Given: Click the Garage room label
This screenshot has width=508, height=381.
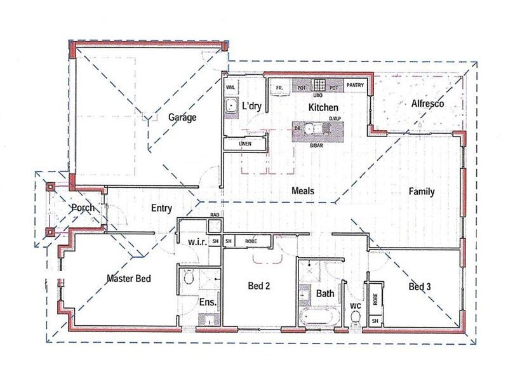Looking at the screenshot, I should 182,117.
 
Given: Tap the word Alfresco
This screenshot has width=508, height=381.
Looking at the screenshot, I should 427,103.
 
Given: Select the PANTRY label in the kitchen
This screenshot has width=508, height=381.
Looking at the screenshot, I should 356,84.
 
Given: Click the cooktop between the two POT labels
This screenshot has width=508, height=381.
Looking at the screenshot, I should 320,84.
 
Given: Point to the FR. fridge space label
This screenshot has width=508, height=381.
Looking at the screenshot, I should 278,88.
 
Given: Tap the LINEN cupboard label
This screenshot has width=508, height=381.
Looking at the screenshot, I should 246,144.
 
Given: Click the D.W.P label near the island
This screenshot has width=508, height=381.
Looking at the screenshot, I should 336,118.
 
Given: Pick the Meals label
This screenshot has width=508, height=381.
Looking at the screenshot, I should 303,190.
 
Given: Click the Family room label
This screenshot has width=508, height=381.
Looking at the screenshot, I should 422,191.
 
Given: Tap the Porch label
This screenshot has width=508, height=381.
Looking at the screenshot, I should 83,208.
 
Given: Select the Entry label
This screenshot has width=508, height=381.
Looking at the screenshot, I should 162,208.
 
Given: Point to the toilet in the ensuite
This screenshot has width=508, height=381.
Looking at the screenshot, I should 188,277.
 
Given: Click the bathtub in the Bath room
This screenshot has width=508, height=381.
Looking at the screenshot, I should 319,318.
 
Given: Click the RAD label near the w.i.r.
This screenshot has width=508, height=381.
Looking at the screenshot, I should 215,215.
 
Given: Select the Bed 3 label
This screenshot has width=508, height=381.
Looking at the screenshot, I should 420,287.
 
